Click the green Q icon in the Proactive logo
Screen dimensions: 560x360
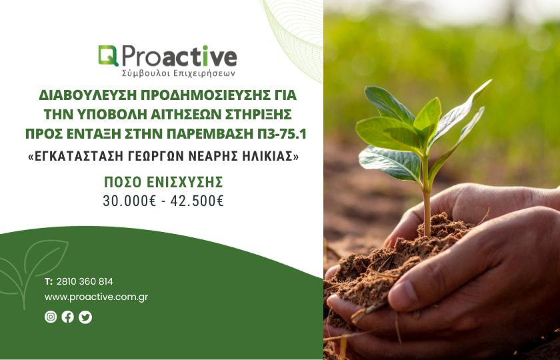tap(108, 56)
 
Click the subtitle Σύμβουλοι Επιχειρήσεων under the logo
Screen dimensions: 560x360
tap(178, 73)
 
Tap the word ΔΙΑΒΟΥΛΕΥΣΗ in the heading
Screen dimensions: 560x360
tap(87, 95)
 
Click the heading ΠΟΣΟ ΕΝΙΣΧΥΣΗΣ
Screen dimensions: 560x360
tap(163, 182)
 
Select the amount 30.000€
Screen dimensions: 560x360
tap(129, 201)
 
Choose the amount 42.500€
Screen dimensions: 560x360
tap(197, 201)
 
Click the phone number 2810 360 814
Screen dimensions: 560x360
tap(85, 281)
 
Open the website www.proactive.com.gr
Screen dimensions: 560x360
tap(97, 297)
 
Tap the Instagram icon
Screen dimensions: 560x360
tap(51, 317)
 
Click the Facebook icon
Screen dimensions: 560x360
tap(67, 317)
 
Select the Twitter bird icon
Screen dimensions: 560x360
tap(85, 317)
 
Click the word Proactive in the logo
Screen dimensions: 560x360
tap(179, 57)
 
